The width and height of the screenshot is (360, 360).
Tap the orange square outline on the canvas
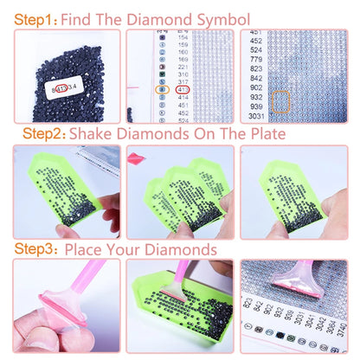click(280, 102)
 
